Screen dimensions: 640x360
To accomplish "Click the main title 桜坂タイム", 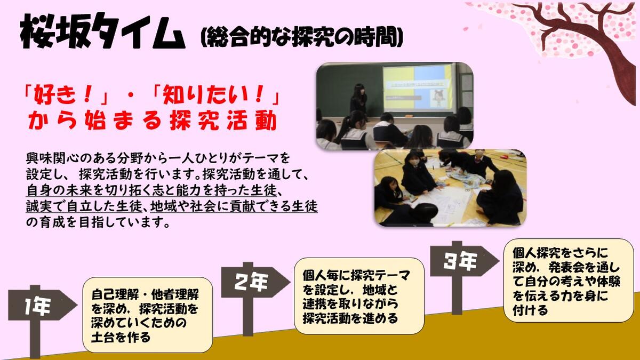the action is pyautogui.click(x=102, y=31).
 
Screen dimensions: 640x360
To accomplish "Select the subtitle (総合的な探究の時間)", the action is pyautogui.click(x=302, y=37).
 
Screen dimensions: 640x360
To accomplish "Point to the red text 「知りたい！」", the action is pyautogui.click(x=217, y=95).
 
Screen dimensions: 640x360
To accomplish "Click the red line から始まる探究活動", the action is pyautogui.click(x=153, y=121).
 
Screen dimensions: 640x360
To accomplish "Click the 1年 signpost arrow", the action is pyautogui.click(x=42, y=306).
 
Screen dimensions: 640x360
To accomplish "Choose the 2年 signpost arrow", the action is pyautogui.click(x=255, y=282).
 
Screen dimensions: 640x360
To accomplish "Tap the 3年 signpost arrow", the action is pyautogui.click(x=465, y=261).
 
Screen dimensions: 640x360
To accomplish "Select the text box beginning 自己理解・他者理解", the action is pyautogui.click(x=148, y=315).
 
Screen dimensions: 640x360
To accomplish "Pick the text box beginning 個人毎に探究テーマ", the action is pyautogui.click(x=359, y=296).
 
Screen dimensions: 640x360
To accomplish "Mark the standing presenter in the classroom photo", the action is pyautogui.click(x=358, y=99).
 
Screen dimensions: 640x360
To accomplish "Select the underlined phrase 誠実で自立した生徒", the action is pyautogui.click(x=84, y=206).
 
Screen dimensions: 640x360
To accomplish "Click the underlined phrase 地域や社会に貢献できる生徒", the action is pyautogui.click(x=234, y=206).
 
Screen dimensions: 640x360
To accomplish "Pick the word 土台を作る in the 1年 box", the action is pyautogui.click(x=121, y=337).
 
